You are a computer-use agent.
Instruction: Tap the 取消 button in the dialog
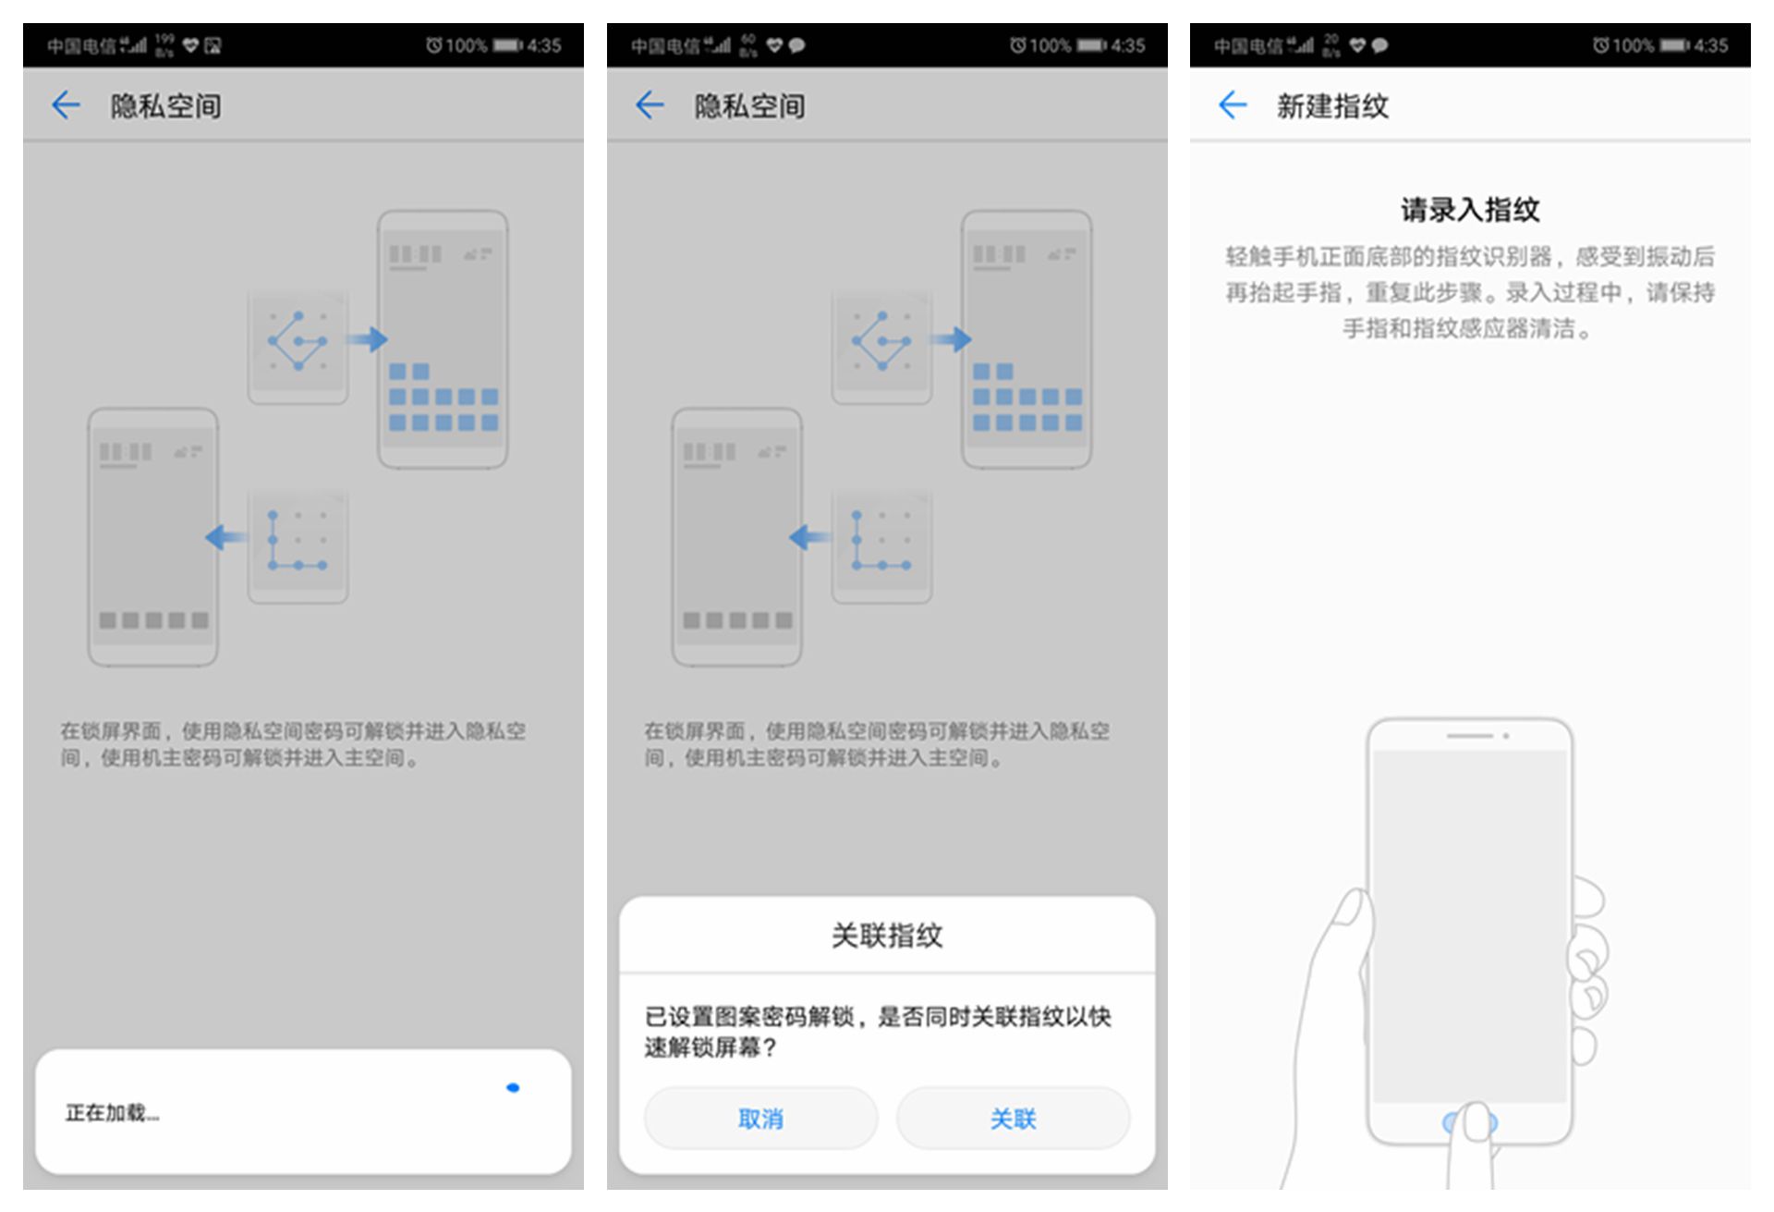click(759, 1119)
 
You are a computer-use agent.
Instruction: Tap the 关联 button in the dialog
click(1013, 1119)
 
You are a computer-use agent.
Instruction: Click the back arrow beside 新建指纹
click(1233, 105)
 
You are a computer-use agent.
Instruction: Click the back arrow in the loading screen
click(66, 105)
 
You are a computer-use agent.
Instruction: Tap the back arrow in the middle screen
click(650, 105)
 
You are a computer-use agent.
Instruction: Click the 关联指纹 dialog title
click(886, 936)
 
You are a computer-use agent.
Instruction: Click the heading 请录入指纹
click(1469, 210)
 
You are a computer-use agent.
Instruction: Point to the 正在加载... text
click(112, 1113)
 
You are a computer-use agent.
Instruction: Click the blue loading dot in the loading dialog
click(513, 1088)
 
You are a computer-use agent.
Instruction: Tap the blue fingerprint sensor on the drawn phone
click(1469, 1122)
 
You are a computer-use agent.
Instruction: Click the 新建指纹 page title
click(1331, 106)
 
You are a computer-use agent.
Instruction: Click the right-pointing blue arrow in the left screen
click(369, 339)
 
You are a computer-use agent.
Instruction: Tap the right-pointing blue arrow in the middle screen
click(953, 339)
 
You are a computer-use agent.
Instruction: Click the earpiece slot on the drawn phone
click(1469, 736)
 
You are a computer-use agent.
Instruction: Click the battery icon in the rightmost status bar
click(1673, 45)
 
